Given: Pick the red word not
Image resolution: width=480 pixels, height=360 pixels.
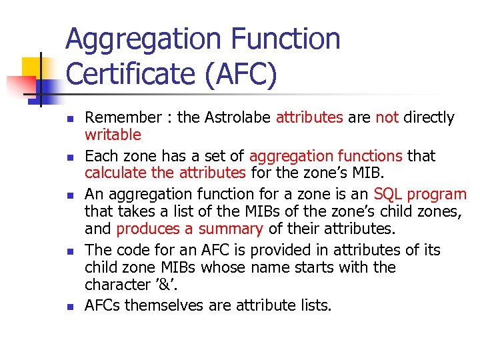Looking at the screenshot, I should point(387,118).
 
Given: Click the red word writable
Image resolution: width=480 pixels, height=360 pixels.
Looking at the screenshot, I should point(113,135).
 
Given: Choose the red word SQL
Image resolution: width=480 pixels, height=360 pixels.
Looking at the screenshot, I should point(388,195).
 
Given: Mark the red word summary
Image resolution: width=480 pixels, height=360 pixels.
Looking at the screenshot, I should point(233,229).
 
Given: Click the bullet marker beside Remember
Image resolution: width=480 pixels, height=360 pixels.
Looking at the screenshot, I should point(69,119).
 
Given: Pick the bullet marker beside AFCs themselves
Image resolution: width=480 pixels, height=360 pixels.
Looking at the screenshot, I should point(69,307).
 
